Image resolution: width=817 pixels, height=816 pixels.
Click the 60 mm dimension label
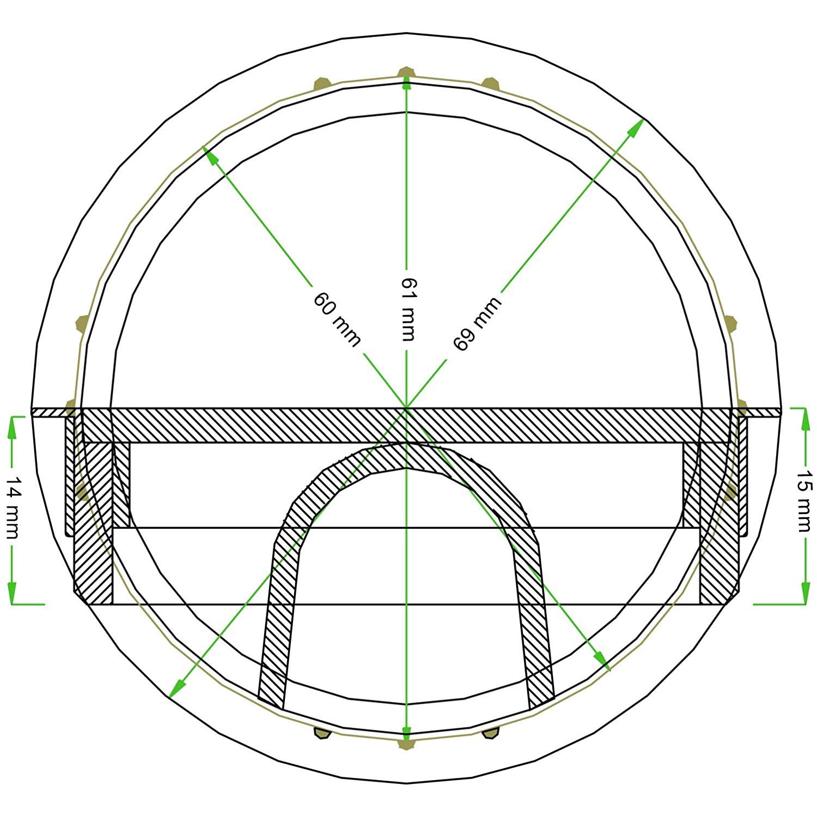[x=336, y=319]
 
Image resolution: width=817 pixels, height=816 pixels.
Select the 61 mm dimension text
[x=407, y=309]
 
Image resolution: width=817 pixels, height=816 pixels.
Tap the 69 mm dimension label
[x=476, y=324]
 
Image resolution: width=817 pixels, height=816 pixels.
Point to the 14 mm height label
[x=12, y=507]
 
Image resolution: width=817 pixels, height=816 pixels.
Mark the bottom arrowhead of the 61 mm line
[x=406, y=731]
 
